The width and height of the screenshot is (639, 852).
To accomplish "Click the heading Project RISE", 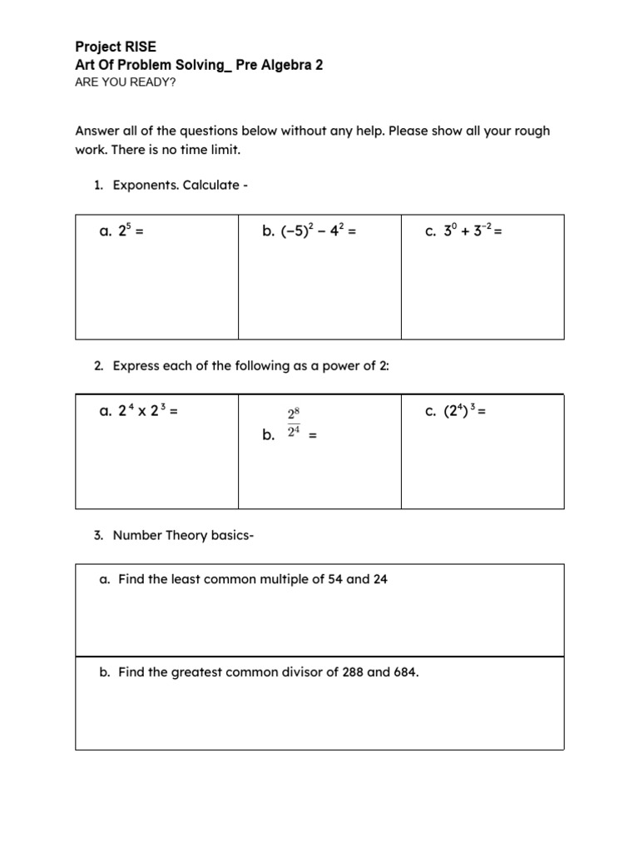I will click(x=116, y=47).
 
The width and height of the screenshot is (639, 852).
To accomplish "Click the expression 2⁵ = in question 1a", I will click(x=126, y=232).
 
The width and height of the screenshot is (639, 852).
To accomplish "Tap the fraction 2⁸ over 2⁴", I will click(x=293, y=423).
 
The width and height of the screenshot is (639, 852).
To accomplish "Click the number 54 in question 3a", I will click(x=330, y=579).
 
